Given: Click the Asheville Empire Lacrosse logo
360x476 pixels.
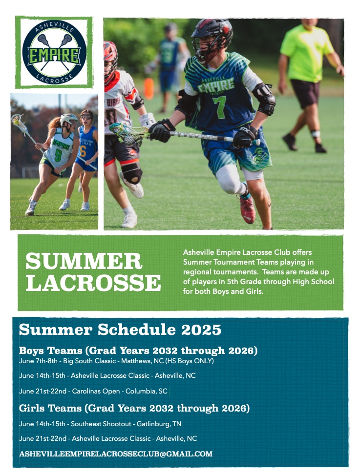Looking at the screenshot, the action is point(54,52).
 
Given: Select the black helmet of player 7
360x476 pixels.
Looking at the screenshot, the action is point(212,37).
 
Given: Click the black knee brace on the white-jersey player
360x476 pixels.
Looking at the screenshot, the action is point(131,172).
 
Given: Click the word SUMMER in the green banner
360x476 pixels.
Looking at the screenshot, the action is point(84,261).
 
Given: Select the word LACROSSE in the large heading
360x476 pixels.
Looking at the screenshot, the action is point(93,283).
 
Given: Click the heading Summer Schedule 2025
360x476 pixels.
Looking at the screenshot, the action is point(120,330).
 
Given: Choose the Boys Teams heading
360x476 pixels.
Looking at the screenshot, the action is point(138,351).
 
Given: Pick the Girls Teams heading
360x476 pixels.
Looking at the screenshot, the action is point(134,408).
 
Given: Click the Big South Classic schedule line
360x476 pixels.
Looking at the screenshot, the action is point(116,361).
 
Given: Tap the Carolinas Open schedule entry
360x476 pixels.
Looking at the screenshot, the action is point(93,391).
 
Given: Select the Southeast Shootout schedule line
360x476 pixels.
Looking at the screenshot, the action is point(100,424).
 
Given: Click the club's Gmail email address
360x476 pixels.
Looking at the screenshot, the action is point(116,454).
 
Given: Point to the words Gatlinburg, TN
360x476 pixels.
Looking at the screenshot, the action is point(159,424).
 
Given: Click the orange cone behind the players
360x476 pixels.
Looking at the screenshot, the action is point(149,88).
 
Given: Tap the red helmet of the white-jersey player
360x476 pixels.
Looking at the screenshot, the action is point(110,61).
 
